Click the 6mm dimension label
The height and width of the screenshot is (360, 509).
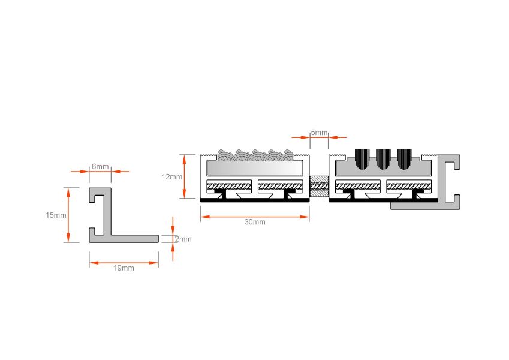tap(100, 166)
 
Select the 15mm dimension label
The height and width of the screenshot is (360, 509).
tap(56, 215)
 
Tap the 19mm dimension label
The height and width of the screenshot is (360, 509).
tap(124, 268)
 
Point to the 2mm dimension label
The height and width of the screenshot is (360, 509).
tap(183, 239)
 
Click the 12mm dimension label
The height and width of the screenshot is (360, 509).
tap(172, 177)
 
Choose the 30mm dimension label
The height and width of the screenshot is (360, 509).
tap(255, 222)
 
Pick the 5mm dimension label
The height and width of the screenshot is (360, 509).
tap(319, 133)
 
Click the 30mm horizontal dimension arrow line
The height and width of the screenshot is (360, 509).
tap(255, 217)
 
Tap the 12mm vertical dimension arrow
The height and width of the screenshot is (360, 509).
tap(185, 176)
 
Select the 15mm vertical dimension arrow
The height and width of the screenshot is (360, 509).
tap(68, 215)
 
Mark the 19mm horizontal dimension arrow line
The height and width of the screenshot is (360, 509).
tap(124, 263)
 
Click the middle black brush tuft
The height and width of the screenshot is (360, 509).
tap(383, 159)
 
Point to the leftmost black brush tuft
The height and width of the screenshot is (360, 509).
tap(362, 159)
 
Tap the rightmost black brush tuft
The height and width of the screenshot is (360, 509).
tap(404, 159)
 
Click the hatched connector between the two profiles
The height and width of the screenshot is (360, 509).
tap(319, 186)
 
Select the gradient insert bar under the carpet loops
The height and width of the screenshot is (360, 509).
tap(254, 169)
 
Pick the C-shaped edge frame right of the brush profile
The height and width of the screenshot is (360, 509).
tap(449, 182)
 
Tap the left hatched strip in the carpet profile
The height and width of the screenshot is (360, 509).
tap(229, 186)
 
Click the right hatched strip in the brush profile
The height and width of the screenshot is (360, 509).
tap(409, 186)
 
